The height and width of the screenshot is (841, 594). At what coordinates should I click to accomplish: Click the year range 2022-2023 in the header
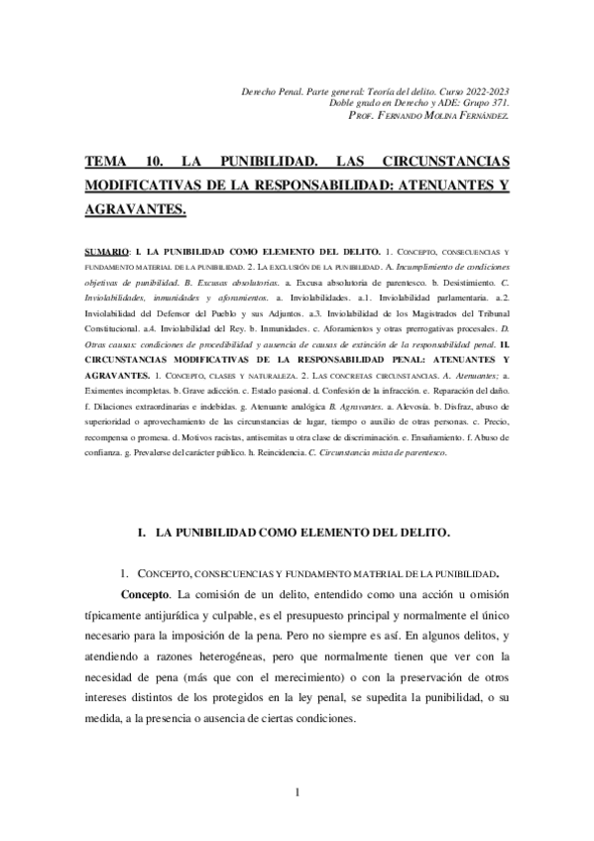tap(485, 91)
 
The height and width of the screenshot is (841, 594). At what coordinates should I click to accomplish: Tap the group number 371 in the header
tap(500, 103)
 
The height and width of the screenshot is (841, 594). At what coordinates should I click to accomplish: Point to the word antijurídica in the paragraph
tap(177, 614)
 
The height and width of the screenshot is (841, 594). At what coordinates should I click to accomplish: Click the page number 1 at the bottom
tap(297, 790)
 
